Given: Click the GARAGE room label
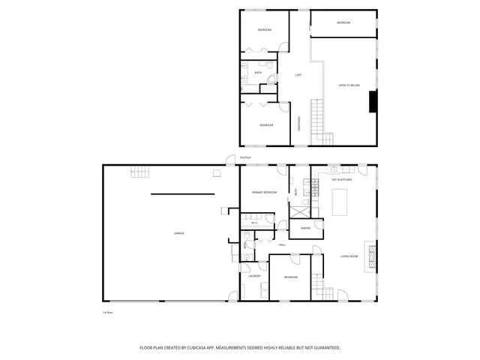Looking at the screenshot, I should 179,233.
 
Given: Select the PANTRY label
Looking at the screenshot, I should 305,227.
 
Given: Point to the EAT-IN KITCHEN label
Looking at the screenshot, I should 342,179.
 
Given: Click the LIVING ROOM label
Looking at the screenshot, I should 349,256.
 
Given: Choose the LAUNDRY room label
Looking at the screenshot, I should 253,276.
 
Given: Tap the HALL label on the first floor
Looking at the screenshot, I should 283,244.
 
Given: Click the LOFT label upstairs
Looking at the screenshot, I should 298,75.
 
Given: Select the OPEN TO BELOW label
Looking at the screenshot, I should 349,85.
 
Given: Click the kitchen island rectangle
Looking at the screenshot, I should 342,202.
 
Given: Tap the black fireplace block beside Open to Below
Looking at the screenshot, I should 371,101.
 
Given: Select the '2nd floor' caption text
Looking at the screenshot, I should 244,157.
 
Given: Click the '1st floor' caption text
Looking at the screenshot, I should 108,311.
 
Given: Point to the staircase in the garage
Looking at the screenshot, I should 140,172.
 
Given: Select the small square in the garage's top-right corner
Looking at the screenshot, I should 217,172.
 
